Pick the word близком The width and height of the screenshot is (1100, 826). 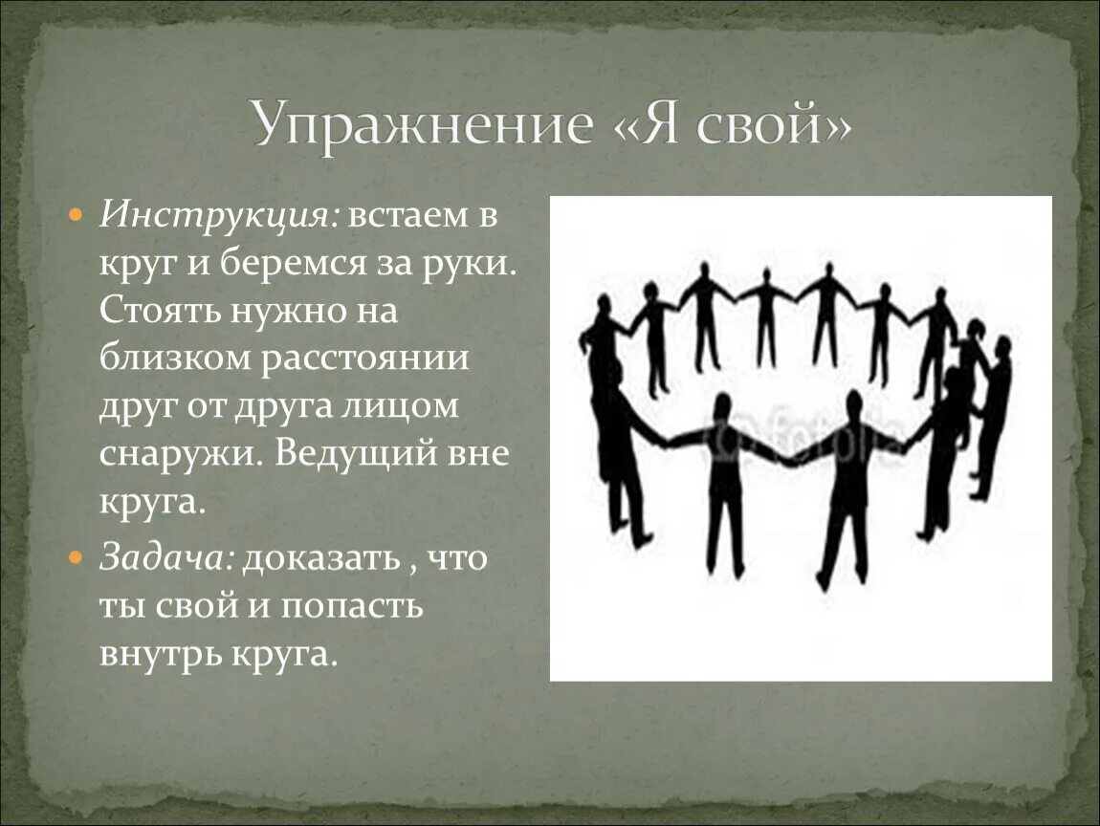pyautogui.click(x=172, y=358)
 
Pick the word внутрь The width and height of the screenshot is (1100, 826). pyautogui.click(x=157, y=655)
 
